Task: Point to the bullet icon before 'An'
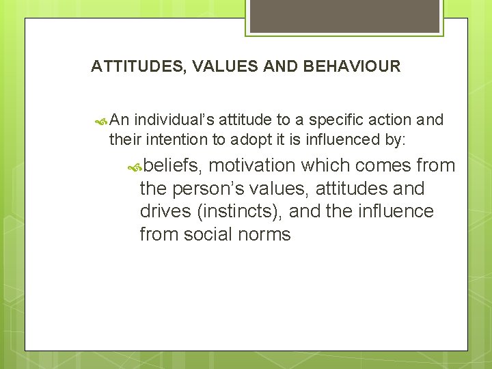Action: coord(102,121)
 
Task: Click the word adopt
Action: coord(248,139)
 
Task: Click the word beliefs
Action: coord(173,165)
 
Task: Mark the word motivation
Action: coord(251,165)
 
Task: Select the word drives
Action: coord(165,211)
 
